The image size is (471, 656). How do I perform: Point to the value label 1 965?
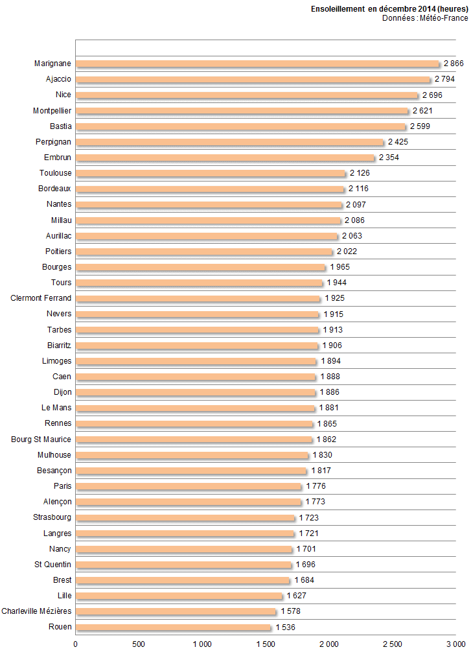[340, 267]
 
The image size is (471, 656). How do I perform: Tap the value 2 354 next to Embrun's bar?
[389, 158]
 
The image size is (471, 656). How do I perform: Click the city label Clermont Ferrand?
[41, 298]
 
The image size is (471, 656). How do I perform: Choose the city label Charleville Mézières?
[36, 611]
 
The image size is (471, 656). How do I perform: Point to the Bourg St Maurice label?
[41, 439]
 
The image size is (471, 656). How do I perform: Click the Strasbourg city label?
[52, 517]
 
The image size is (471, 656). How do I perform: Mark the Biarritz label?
[59, 346]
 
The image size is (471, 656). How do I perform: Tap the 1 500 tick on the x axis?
[266, 644]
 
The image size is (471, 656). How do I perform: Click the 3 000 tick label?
[455, 644]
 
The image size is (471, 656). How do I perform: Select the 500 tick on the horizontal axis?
[139, 644]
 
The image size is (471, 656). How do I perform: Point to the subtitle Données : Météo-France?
[424, 18]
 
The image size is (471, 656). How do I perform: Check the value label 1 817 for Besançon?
[321, 471]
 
